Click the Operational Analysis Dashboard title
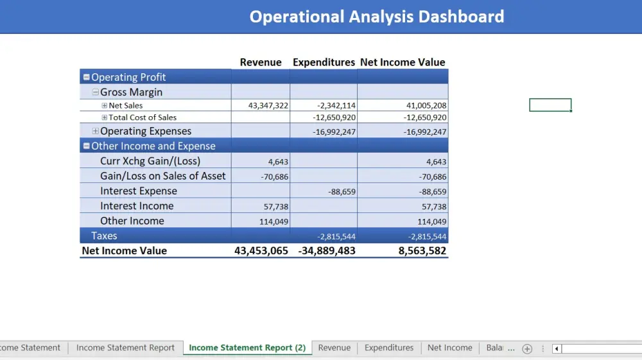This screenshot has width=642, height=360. [376, 17]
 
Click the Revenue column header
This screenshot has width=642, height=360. [261, 62]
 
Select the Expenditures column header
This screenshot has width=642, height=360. [324, 62]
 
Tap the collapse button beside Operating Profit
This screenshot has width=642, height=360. [87, 78]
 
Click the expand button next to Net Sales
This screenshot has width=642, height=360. [105, 106]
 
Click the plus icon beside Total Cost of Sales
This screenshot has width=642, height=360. [105, 117]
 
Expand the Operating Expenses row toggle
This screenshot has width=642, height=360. [96, 132]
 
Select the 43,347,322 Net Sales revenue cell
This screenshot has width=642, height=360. [268, 106]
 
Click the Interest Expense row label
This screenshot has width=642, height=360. [138, 191]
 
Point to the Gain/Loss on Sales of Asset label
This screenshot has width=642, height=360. [162, 176]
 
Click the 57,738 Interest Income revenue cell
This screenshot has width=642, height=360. [276, 207]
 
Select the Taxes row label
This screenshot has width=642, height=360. [104, 236]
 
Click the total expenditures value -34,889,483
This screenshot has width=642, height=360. [327, 251]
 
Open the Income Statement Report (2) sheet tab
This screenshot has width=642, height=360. [247, 348]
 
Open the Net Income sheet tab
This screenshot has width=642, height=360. [449, 348]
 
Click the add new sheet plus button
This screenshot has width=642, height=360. [527, 348]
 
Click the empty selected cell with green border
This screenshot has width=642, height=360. [550, 105]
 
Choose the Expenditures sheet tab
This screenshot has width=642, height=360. [389, 348]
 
